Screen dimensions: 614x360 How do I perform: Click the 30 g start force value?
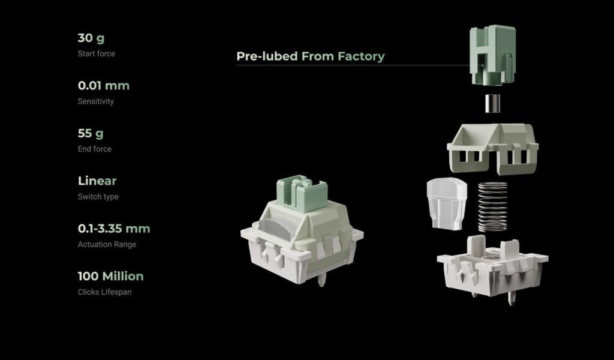tap(91, 38)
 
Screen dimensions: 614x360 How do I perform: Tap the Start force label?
tap(97, 53)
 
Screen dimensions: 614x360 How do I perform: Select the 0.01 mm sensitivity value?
tap(103, 85)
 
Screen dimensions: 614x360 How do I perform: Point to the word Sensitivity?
tap(95, 101)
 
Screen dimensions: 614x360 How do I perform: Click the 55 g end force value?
tap(91, 134)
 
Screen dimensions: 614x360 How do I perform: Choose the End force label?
tap(94, 149)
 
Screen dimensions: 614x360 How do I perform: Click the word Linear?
tap(97, 181)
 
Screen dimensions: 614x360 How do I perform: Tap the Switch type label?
tap(98, 197)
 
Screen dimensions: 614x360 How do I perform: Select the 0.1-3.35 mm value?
tap(113, 229)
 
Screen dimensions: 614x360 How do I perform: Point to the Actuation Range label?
tap(107, 244)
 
